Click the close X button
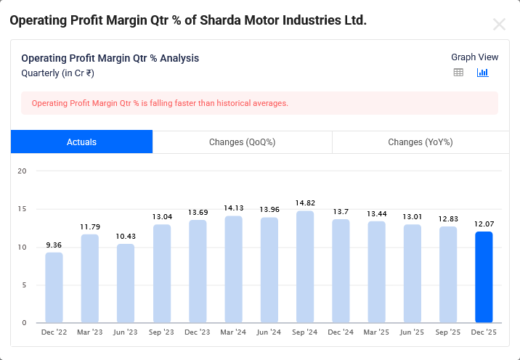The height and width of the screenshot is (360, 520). click(499, 24)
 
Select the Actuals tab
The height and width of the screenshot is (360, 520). click(81, 142)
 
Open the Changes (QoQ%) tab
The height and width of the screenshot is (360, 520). click(242, 142)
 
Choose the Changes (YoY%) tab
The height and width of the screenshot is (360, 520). click(421, 142)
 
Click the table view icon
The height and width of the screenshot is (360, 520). click(458, 73)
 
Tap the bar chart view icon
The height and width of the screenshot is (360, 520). click(483, 73)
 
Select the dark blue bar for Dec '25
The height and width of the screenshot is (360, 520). click(484, 277)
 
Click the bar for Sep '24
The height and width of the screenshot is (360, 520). click(304, 267)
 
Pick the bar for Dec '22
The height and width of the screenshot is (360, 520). click(54, 287)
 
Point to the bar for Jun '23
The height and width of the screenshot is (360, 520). click(126, 283)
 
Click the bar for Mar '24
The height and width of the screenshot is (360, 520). click(233, 269)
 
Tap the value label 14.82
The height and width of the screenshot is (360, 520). click(304, 202)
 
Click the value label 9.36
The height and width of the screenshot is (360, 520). click(54, 245)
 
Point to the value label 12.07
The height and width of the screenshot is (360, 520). click(484, 224)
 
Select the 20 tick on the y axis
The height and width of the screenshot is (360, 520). click(22, 171)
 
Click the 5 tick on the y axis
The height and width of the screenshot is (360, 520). click(24, 285)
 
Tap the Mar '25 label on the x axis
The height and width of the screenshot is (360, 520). click(376, 332)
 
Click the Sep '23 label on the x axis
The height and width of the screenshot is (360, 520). click(161, 332)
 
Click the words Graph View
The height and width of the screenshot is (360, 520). click(474, 57)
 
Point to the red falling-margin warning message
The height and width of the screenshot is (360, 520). click(160, 103)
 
